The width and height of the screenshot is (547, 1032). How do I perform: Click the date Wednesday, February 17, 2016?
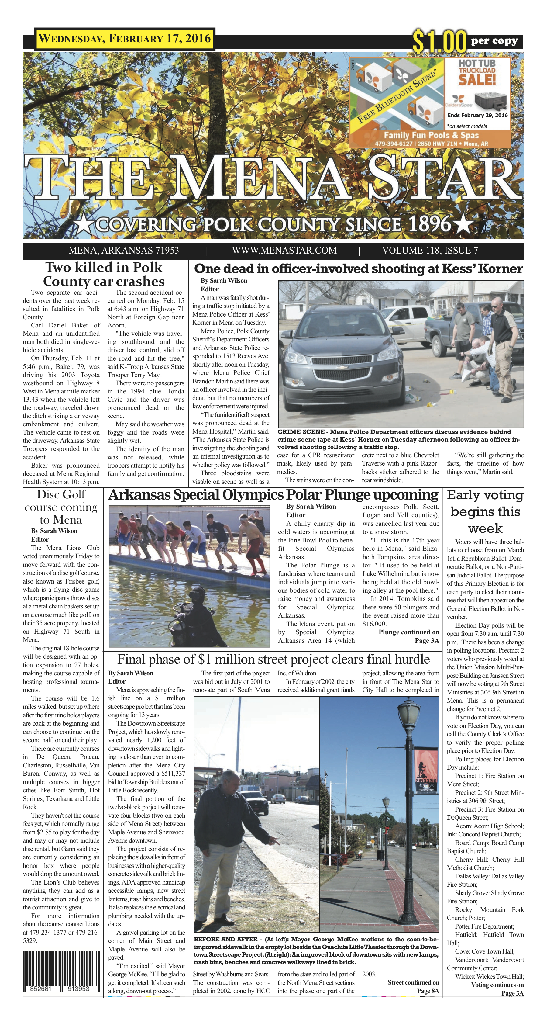coord(124,39)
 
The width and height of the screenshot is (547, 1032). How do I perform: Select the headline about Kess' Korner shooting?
coord(358,268)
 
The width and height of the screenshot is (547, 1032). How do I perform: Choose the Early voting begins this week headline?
coord(485,512)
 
